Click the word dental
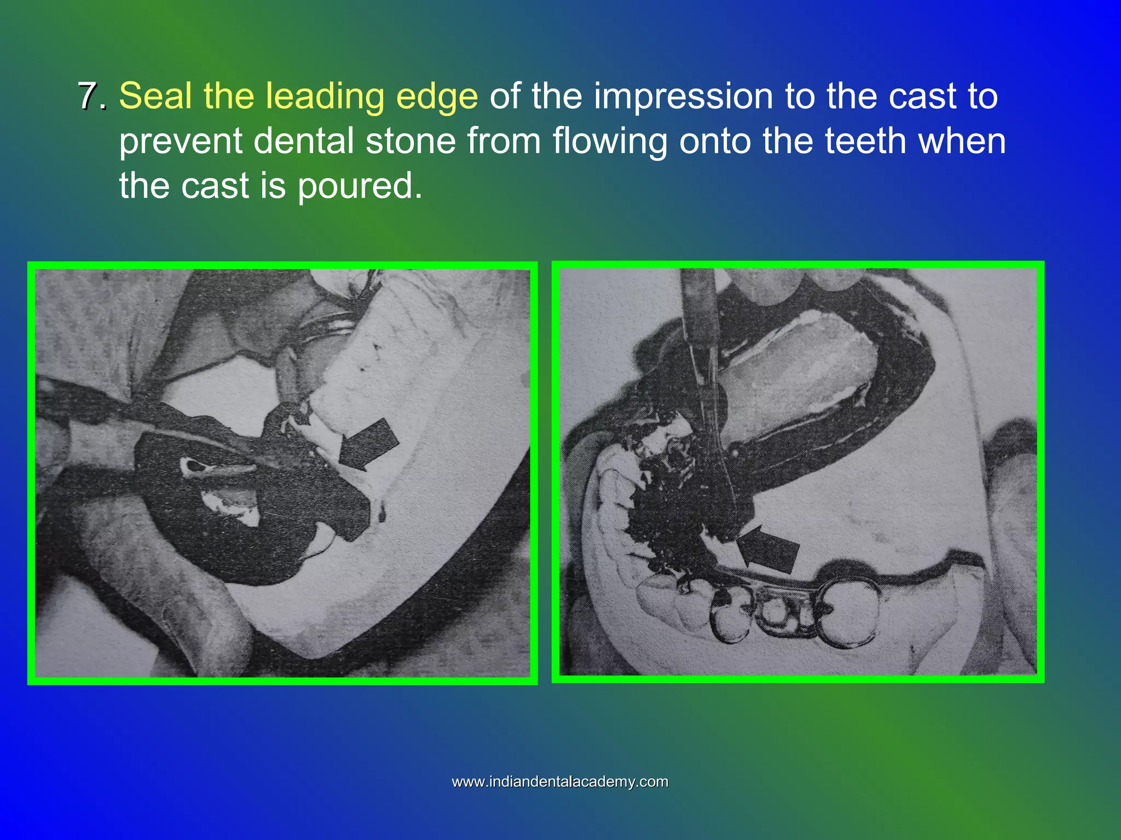click(304, 141)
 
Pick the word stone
click(411, 141)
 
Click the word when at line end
click(962, 141)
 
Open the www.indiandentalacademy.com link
click(560, 781)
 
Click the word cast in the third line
click(215, 186)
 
